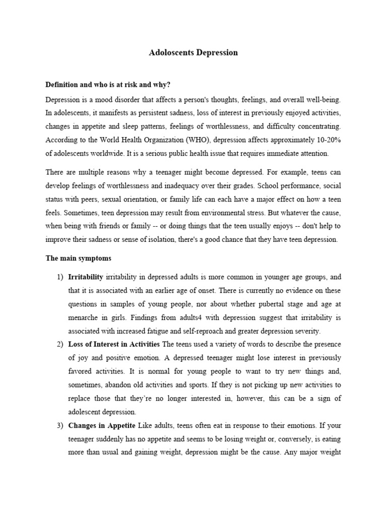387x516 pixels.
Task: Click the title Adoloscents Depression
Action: pos(193,52)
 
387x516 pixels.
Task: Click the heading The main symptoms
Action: pos(78,258)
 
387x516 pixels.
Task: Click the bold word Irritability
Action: pos(86,277)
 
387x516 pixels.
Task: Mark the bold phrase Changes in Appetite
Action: pos(99,425)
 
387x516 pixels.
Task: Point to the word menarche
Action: pos(85,317)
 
